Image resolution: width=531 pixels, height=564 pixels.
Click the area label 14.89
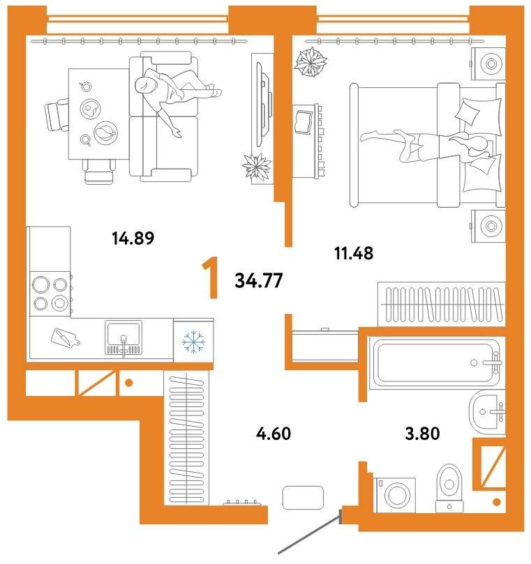coord(133,238)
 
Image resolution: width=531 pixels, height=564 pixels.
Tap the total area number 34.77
coord(258,280)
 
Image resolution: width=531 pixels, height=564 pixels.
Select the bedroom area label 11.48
coord(354,253)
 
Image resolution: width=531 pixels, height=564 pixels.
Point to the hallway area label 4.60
coord(274,434)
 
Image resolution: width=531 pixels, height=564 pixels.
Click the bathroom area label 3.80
coord(422,434)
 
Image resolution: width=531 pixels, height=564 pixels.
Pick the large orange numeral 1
coord(211,277)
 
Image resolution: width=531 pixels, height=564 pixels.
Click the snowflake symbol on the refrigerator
coord(194,341)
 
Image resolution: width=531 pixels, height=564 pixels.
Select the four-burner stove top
coord(50,294)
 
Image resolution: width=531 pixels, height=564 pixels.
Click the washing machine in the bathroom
coord(395,495)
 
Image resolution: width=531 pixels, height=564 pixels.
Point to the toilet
coord(449,488)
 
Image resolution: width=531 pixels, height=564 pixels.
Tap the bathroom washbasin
coord(486,412)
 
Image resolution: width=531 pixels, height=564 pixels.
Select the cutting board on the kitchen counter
coord(65,339)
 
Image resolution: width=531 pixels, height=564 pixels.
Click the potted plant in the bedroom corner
coord(311,63)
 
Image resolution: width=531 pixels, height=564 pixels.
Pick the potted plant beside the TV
coord(257,166)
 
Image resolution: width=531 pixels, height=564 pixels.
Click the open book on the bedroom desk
coord(304,122)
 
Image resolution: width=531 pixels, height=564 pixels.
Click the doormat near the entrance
coord(303,498)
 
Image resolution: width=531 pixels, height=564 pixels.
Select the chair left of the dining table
coord(57,115)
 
